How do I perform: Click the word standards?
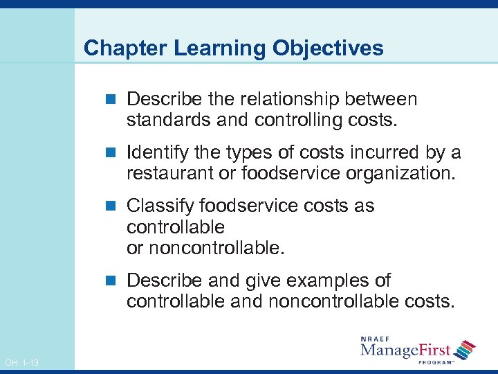click(x=169, y=120)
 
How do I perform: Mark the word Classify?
click(x=160, y=206)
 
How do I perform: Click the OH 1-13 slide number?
click(x=21, y=363)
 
